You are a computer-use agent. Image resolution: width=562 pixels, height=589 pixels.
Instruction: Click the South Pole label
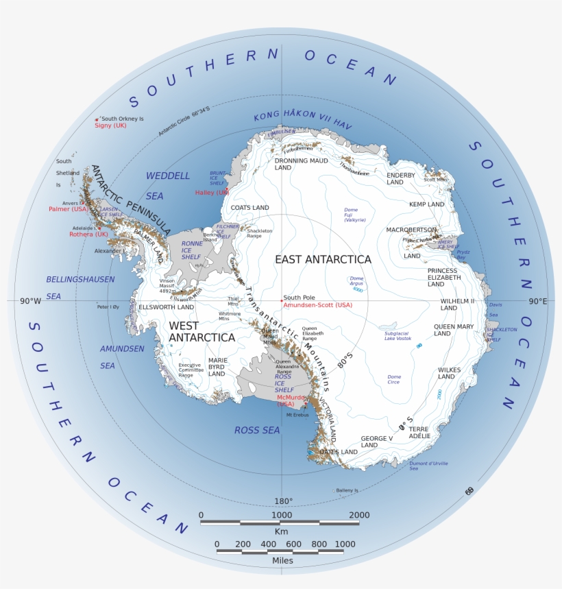(x=298, y=298)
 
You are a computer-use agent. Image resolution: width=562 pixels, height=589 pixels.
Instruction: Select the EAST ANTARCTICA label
(x=323, y=259)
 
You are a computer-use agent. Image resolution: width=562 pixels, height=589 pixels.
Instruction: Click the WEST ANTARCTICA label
(x=201, y=331)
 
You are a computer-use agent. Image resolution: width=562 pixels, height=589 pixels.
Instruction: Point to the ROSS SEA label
(x=257, y=430)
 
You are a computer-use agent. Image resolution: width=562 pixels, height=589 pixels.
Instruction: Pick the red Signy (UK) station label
(x=110, y=125)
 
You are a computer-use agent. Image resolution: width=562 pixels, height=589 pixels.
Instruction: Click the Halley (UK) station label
(x=211, y=193)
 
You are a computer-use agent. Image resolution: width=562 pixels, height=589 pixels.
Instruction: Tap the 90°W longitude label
(x=32, y=301)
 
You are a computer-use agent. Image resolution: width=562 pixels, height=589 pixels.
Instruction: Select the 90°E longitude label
(x=537, y=301)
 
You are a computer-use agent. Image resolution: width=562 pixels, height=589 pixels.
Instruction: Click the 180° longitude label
(x=284, y=501)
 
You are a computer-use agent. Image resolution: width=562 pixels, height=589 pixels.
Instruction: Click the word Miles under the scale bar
(x=280, y=561)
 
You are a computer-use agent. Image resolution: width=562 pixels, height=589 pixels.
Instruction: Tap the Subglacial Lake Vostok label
(x=398, y=335)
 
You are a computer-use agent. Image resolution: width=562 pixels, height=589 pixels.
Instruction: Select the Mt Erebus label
(x=297, y=415)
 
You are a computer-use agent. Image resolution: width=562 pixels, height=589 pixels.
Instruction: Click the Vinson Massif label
(x=168, y=285)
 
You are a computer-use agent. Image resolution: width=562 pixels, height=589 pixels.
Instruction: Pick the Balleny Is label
(x=347, y=490)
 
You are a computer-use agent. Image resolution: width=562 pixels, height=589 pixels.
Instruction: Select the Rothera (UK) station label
(x=88, y=234)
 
